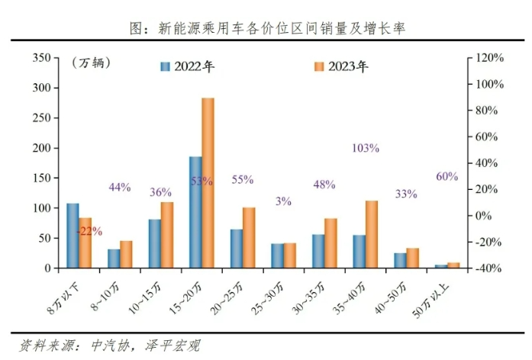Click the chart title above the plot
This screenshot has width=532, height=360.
tap(266, 29)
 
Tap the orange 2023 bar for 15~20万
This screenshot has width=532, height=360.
tap(208, 183)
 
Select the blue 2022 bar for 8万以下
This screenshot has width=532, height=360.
tap(73, 236)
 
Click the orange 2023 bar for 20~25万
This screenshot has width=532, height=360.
tap(248, 237)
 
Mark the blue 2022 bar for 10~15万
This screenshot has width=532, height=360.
tap(154, 243)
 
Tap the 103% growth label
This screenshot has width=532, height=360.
tap(366, 148)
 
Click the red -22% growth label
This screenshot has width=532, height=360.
tap(89, 231)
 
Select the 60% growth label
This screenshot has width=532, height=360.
tap(447, 176)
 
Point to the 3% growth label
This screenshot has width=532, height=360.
tap(284, 201)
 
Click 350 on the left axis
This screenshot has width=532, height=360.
tap(42, 58)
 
